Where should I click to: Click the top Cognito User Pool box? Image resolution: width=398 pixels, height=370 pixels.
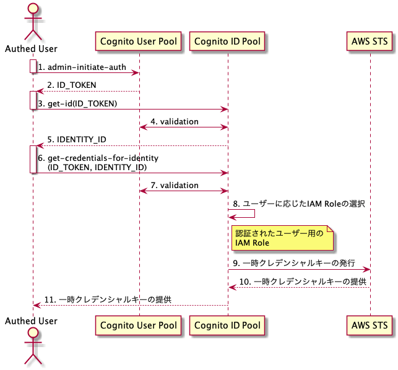coord(139,42)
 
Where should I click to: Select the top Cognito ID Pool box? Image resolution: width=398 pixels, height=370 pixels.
coord(227,42)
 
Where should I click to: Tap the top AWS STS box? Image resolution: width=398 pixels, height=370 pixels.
coord(370,42)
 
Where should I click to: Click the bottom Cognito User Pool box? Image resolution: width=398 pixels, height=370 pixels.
coord(139,325)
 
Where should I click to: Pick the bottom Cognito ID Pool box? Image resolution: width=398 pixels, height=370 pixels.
coord(227,325)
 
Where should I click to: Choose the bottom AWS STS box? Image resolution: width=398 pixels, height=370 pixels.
coord(370,325)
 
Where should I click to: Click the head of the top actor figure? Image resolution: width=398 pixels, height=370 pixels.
coord(30,11)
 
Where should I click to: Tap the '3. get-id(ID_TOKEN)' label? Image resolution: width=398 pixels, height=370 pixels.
coord(77,103)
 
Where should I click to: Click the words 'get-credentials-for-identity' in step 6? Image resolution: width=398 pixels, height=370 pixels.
coord(103,158)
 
